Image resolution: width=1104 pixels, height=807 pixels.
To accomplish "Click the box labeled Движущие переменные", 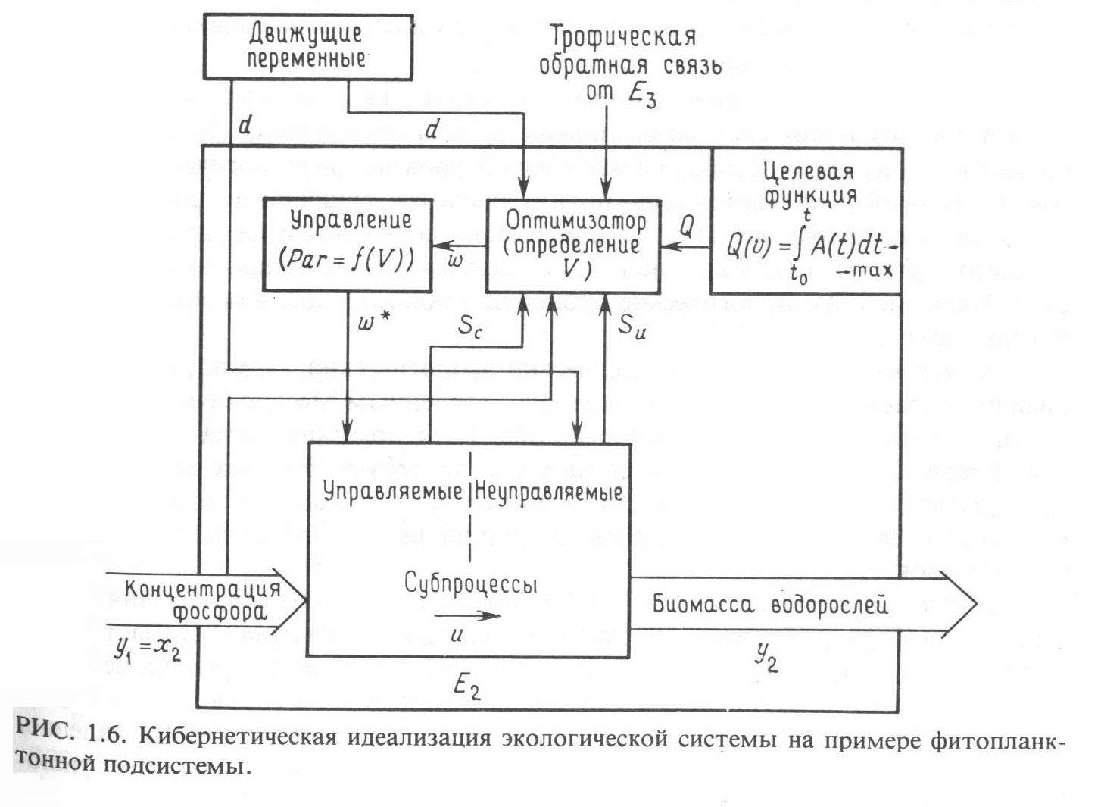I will click(x=307, y=47).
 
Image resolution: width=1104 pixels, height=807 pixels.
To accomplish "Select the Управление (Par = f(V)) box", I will click(x=348, y=245).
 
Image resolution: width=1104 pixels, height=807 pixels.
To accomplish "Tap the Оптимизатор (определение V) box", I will click(x=574, y=245).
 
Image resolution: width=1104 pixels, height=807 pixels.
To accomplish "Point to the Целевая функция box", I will click(x=806, y=221).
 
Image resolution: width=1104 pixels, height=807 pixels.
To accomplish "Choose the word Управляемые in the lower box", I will click(x=393, y=491).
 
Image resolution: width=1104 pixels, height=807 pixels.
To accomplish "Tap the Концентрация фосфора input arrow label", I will click(x=202, y=599).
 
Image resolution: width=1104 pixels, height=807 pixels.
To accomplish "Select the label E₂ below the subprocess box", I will click(x=467, y=687).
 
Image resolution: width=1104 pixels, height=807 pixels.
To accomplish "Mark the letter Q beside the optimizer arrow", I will click(x=687, y=225).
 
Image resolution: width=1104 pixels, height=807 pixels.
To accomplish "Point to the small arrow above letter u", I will click(x=467, y=615).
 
